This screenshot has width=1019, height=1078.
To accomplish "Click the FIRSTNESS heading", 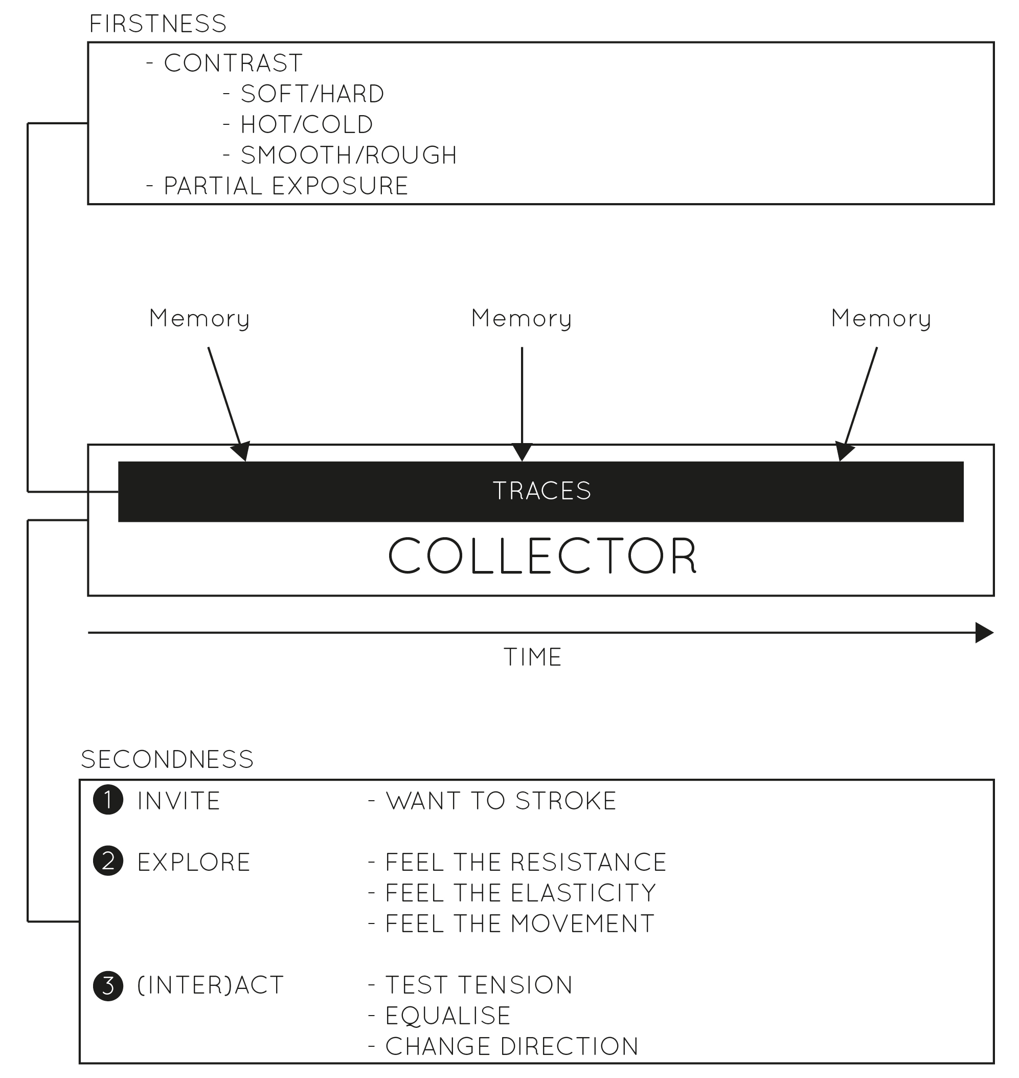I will (157, 24).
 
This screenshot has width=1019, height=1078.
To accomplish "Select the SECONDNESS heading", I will (167, 759).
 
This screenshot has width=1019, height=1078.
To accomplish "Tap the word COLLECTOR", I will (542, 556).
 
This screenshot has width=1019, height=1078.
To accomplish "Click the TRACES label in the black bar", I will (541, 491).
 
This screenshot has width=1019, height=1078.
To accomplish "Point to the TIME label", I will (532, 657).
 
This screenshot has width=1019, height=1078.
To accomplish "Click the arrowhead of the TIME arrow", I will (984, 633).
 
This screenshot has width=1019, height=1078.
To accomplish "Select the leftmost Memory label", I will (199, 319).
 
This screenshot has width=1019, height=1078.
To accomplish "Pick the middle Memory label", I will (522, 319).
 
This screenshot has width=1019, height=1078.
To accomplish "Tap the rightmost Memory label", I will (881, 319).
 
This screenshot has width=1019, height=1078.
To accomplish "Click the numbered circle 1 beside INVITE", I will (108, 800).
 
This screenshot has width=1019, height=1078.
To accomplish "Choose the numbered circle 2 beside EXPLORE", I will (108, 862).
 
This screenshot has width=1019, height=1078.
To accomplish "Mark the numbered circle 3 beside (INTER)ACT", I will (108, 985).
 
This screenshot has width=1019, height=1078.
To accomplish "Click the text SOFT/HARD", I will (312, 94).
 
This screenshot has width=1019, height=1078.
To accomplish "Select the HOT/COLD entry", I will (307, 124).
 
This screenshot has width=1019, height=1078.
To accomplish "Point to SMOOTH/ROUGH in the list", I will (349, 156).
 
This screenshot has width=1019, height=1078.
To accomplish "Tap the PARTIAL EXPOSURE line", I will (286, 186).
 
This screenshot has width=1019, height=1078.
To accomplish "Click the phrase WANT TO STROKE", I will (501, 801).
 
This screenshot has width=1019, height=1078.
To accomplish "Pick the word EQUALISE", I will (448, 1016).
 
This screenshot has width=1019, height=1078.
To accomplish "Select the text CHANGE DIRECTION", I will (512, 1046).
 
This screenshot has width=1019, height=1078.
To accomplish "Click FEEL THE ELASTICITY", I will (520, 893).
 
